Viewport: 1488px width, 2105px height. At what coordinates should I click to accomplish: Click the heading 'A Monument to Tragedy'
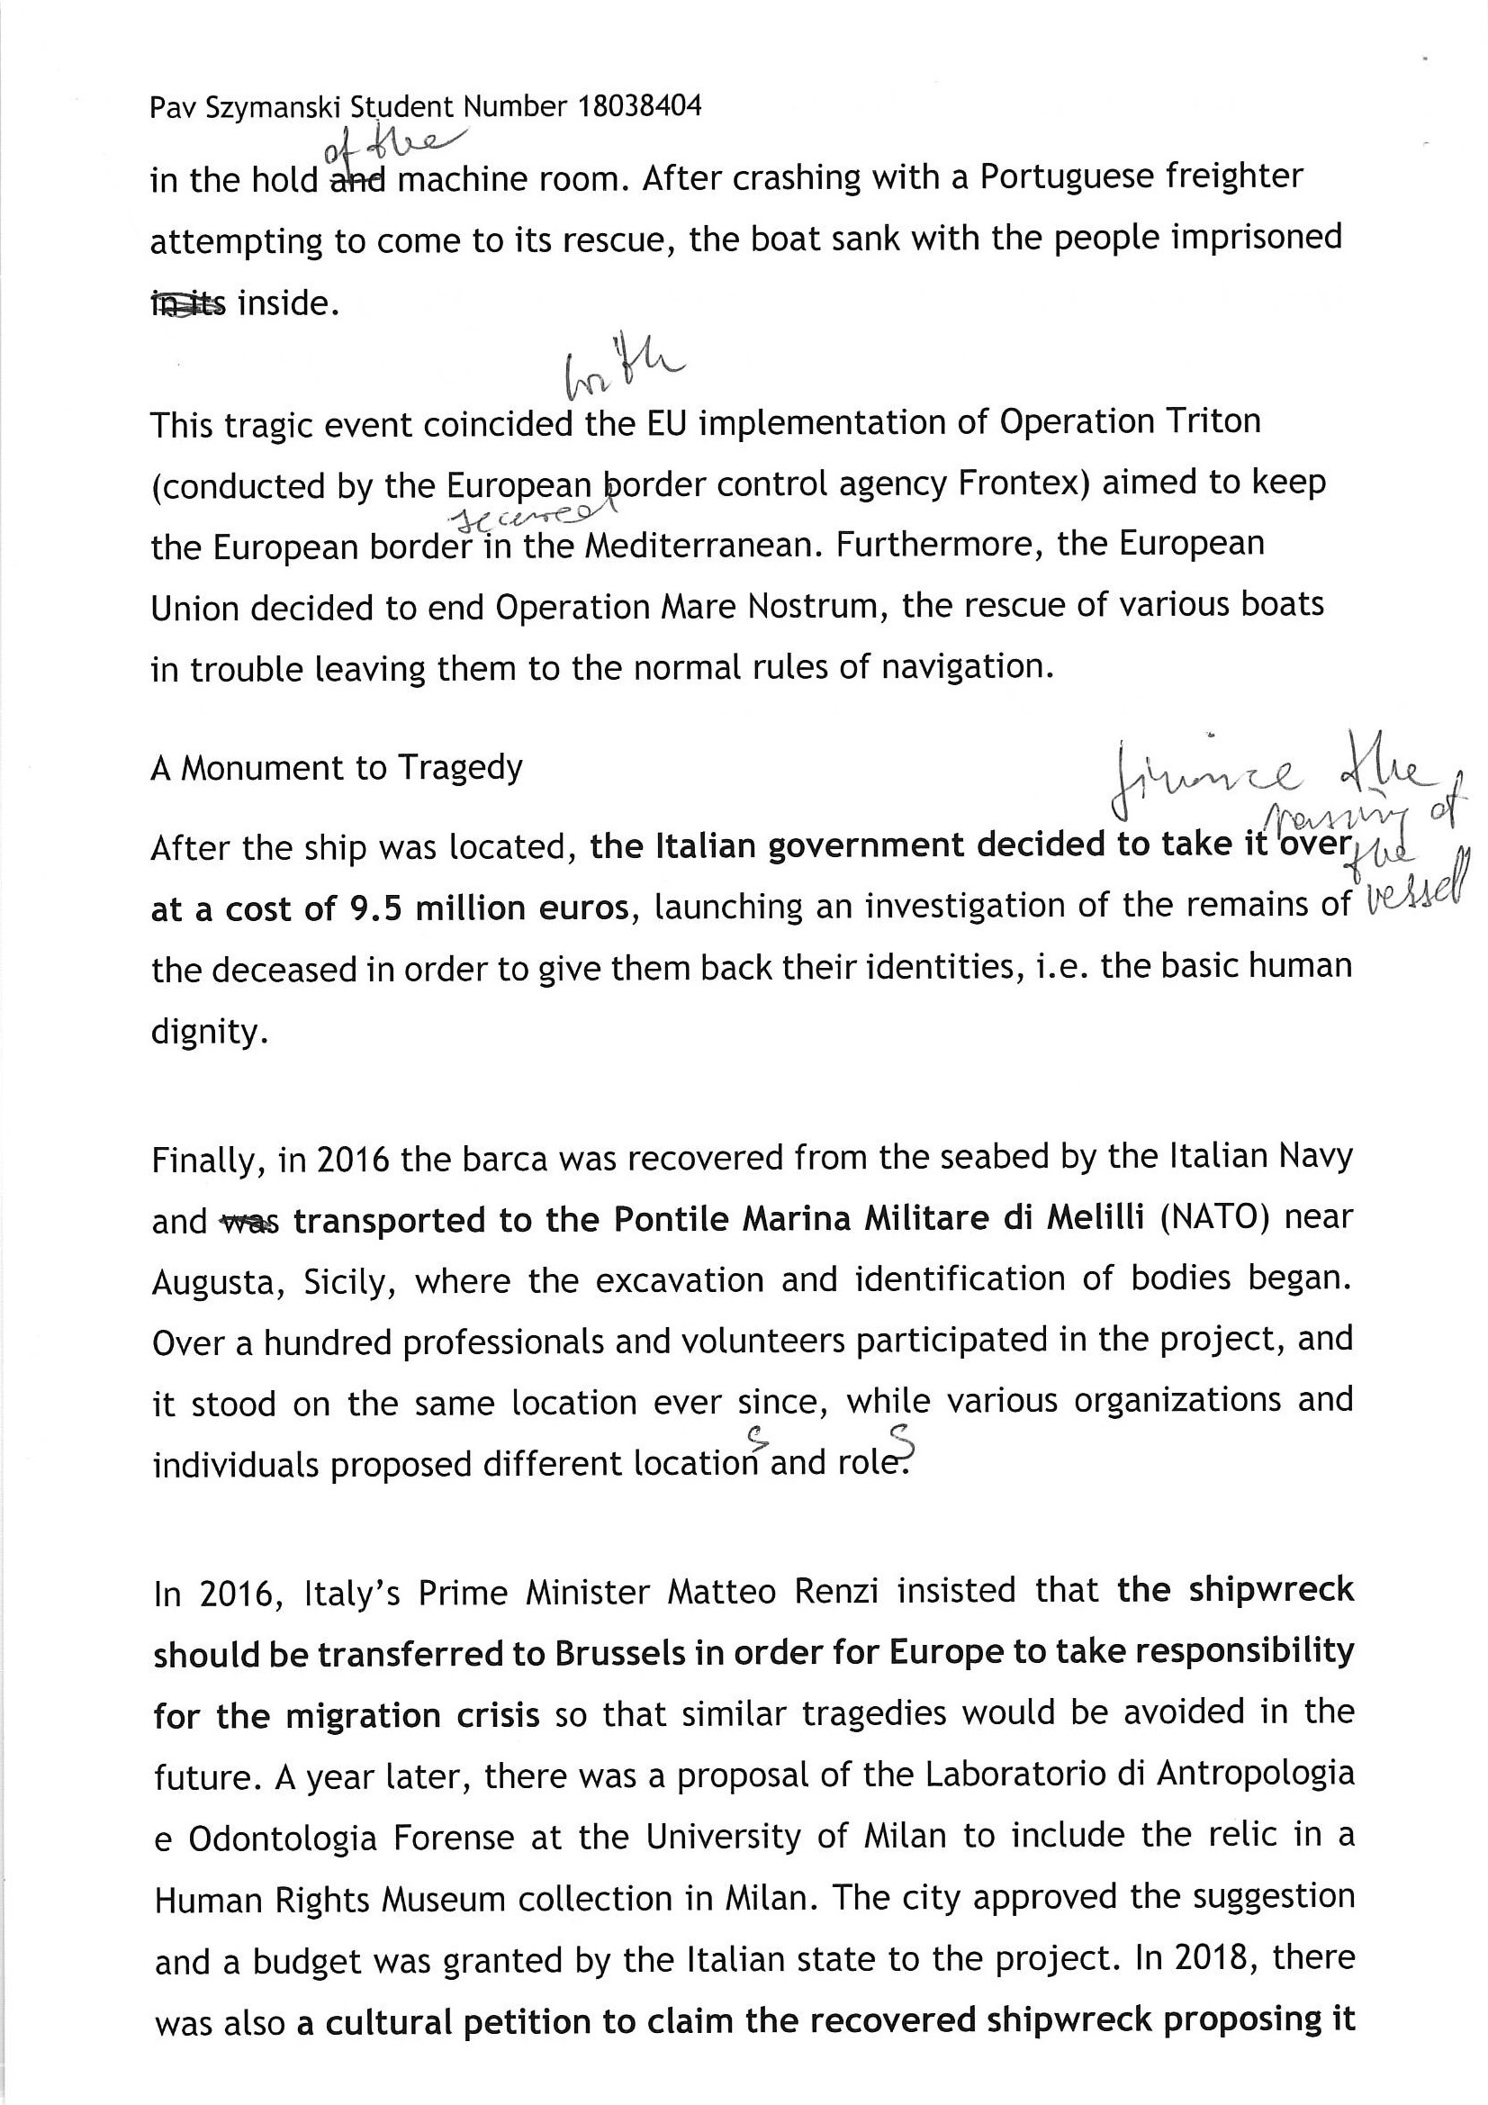point(337,767)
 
